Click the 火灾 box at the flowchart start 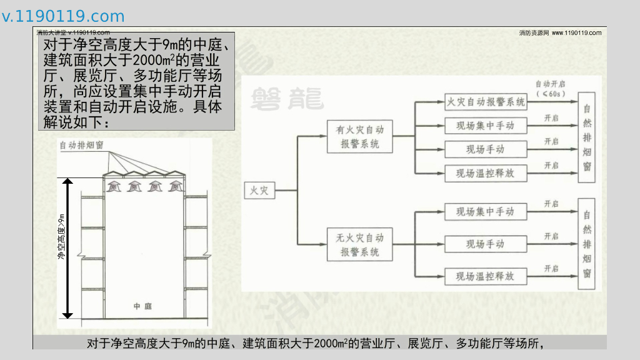(259, 190)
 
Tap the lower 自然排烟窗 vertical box (586, 243)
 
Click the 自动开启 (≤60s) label (550, 88)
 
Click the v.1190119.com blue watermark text (63, 16)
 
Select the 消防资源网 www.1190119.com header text (560, 32)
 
